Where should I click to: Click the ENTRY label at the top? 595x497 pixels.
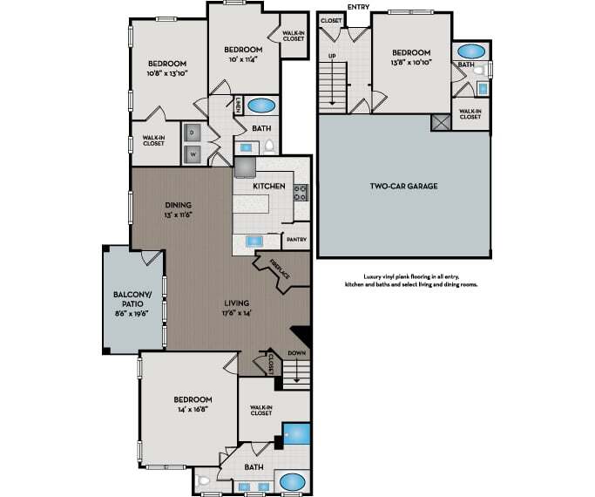tap(358, 7)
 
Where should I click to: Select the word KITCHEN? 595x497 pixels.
tap(270, 187)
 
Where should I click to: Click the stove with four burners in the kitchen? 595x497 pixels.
tap(301, 192)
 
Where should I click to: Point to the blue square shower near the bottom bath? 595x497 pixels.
tap(298, 434)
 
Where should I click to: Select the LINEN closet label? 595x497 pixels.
tap(238, 105)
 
